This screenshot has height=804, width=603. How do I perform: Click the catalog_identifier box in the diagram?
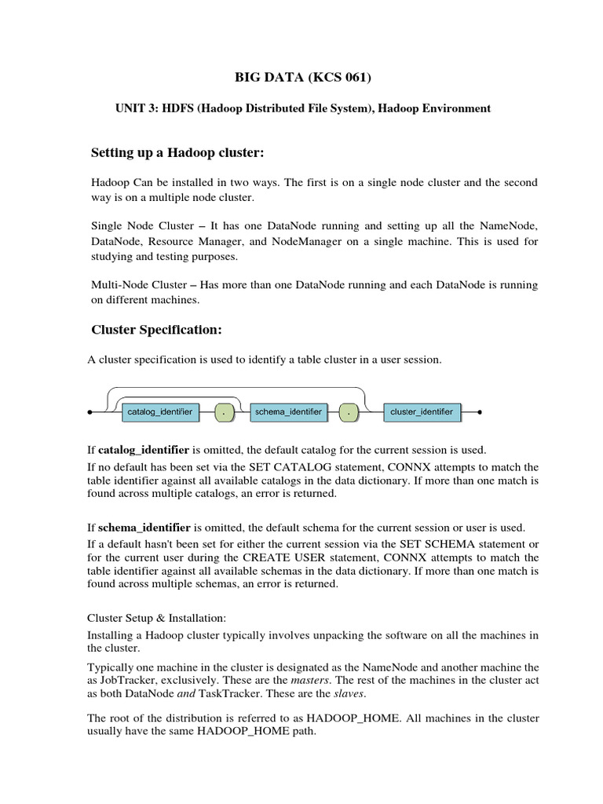[x=160, y=412]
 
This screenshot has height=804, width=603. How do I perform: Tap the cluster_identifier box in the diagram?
[x=422, y=412]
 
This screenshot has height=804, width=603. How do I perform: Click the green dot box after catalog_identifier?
[x=225, y=412]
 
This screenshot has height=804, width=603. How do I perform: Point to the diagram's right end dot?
[x=479, y=411]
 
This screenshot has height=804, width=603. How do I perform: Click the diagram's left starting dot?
[x=90, y=411]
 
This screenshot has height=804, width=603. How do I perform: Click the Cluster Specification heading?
[x=156, y=330]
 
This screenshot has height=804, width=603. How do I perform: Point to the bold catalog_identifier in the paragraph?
[x=142, y=450]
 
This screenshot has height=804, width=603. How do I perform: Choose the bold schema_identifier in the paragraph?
[x=144, y=527]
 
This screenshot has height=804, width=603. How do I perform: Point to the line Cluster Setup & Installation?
[x=155, y=618]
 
